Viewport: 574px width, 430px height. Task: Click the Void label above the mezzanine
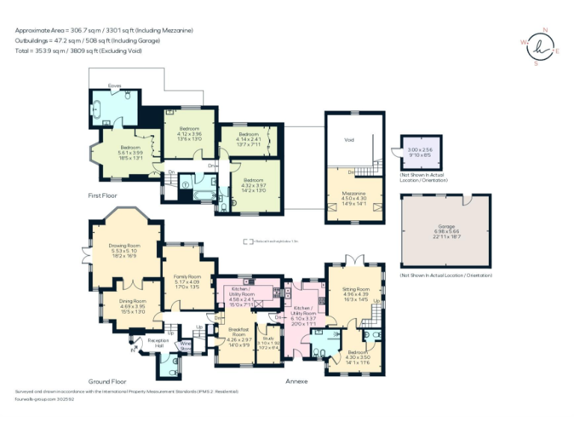click(x=348, y=140)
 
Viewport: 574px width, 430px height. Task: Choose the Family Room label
click(x=188, y=275)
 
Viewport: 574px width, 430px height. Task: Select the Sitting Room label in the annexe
click(x=356, y=289)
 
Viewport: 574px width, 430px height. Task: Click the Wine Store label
click(x=186, y=346)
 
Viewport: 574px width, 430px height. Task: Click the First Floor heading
click(x=102, y=195)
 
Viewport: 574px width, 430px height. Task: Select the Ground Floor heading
click(x=106, y=381)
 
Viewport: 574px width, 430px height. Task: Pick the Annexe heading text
click(x=296, y=381)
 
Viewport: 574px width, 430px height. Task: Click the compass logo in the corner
click(x=540, y=47)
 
